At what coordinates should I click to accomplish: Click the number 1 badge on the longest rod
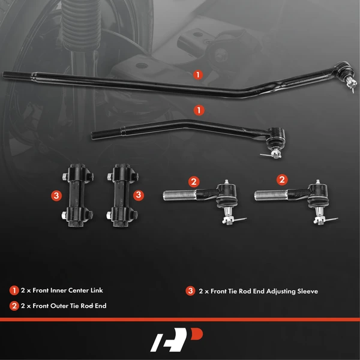[x=198, y=75]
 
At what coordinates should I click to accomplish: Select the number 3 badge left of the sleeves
[x=55, y=196]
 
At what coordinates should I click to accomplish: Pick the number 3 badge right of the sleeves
[x=138, y=194]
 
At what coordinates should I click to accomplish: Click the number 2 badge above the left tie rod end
[x=193, y=181]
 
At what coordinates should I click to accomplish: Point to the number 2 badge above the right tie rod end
[x=281, y=179]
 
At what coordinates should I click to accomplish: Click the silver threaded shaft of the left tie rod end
[x=178, y=194]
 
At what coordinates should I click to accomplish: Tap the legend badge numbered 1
[x=14, y=290]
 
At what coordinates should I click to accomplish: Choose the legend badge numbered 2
[x=14, y=305]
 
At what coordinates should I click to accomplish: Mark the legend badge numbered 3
[x=190, y=291]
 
